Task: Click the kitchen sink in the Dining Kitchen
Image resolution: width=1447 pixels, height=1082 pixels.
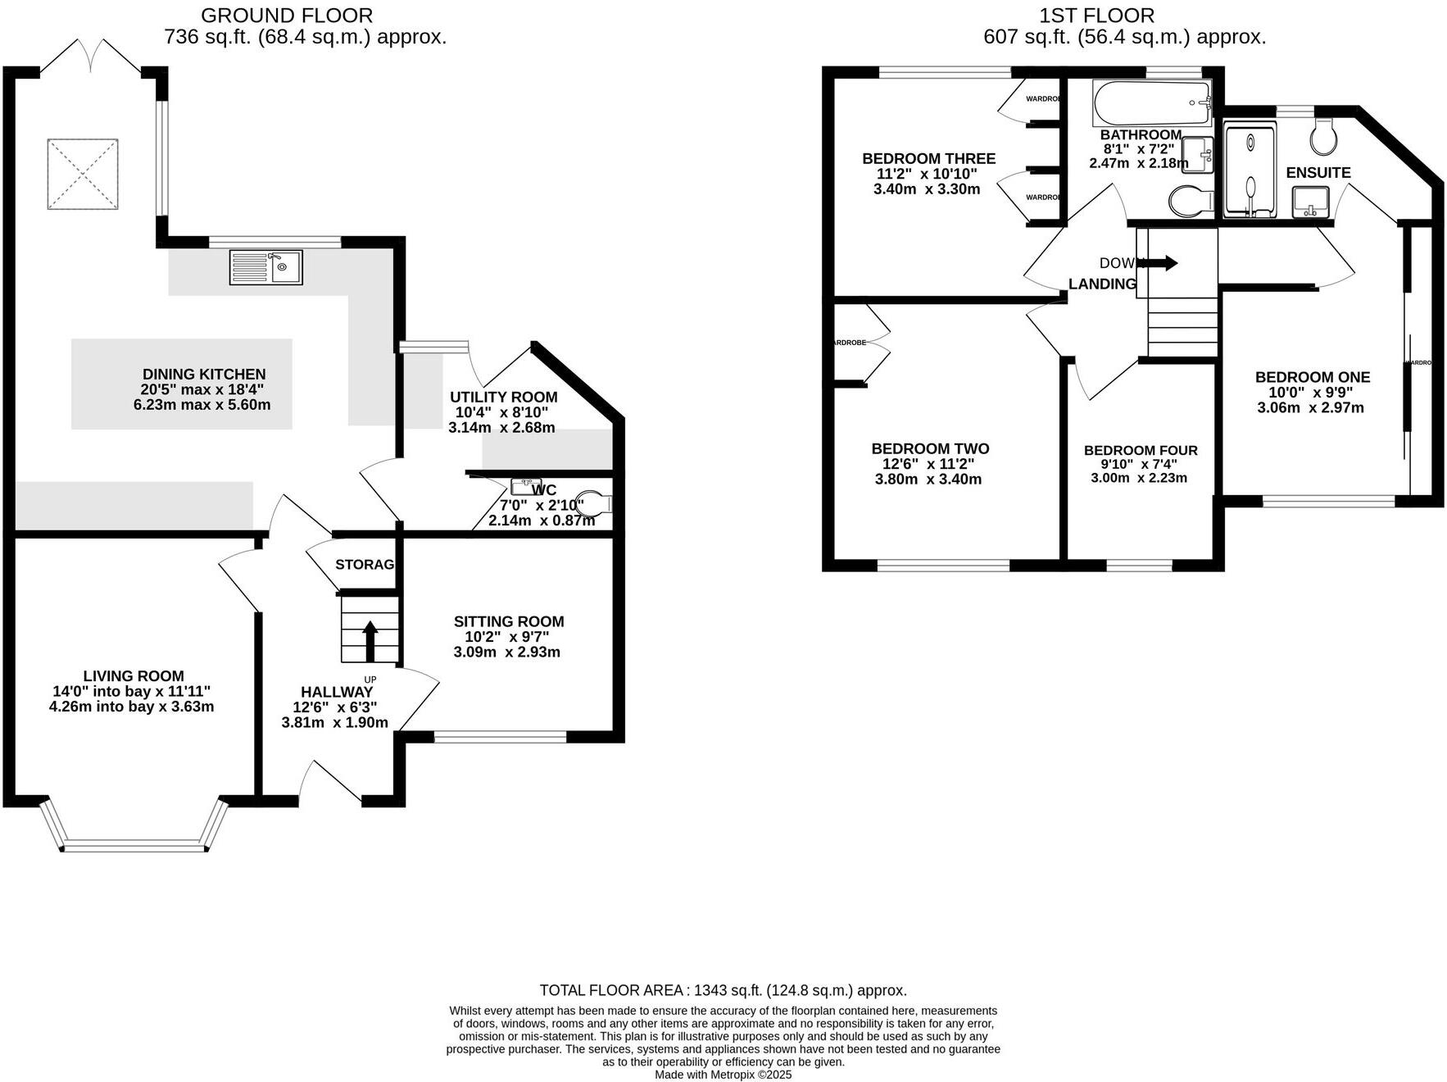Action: coord(266,267)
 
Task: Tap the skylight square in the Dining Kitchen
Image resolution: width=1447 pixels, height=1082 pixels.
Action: coord(82,175)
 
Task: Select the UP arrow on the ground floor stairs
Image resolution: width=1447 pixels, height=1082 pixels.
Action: coord(370,640)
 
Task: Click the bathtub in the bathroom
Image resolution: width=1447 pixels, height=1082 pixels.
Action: coord(1151,102)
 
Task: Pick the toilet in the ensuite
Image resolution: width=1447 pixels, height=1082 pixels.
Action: coord(1323,138)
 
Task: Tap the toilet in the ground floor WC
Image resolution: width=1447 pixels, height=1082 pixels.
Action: coord(596,504)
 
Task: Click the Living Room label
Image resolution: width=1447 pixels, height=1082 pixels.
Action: coord(134,676)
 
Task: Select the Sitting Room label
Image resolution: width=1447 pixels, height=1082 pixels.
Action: coord(509,621)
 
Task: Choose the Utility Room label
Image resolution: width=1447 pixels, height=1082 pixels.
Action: coord(503,397)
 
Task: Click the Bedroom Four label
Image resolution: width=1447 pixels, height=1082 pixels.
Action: coord(1141,450)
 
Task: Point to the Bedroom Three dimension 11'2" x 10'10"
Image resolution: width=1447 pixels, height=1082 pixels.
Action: coord(927,174)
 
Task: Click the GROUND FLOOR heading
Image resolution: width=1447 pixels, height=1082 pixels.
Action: coord(286,15)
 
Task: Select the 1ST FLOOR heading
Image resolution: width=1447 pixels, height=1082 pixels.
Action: coord(1096,15)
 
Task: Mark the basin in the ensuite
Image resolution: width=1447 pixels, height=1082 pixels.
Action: coord(1310,202)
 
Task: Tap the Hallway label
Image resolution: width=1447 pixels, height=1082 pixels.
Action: coord(336,692)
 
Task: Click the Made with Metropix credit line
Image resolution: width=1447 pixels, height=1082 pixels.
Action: coord(723,1075)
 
